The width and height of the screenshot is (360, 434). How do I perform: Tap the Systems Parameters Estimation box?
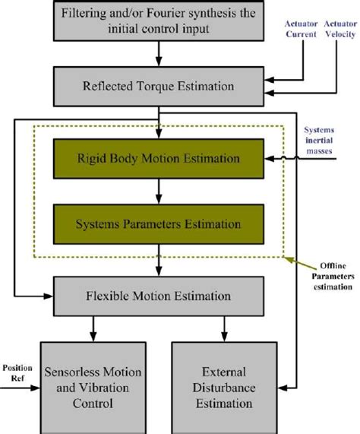tap(159, 224)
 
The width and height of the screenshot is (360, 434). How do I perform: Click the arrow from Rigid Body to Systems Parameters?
tap(159, 191)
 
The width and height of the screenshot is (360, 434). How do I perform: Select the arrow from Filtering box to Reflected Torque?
tap(159, 52)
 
